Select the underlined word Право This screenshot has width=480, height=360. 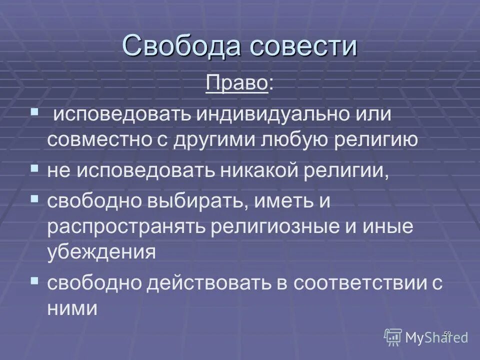[x=236, y=84]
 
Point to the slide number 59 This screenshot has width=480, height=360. [x=447, y=333]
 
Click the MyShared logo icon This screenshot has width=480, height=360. [x=393, y=337]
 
